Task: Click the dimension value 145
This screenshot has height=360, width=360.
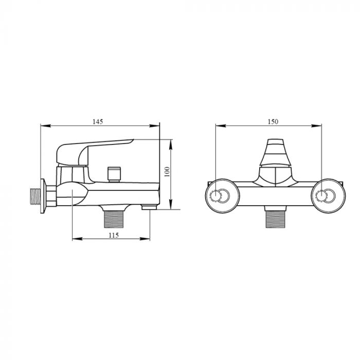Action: [98, 121]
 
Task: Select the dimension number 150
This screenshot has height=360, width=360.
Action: [273, 121]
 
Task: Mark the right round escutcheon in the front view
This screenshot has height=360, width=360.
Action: [325, 195]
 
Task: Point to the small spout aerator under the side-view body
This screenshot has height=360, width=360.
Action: [149, 207]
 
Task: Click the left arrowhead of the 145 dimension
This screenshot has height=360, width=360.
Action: [43, 125]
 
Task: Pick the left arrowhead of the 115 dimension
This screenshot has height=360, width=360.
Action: [74, 239]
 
